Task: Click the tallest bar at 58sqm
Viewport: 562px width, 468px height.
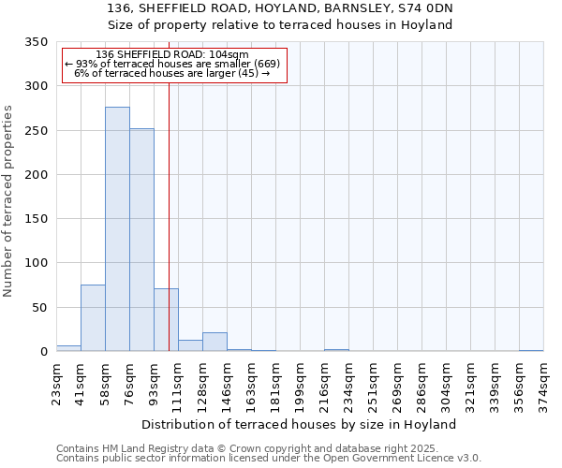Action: pyautogui.click(x=117, y=229)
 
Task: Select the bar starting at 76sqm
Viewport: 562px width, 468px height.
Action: pyautogui.click(x=141, y=240)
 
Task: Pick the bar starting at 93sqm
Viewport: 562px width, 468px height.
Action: pyautogui.click(x=166, y=320)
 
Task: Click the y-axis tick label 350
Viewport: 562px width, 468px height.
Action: pyautogui.click(x=36, y=42)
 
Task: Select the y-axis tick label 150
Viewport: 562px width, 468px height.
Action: pyautogui.click(x=36, y=219)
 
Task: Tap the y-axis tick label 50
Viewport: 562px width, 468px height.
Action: pyautogui.click(x=39, y=308)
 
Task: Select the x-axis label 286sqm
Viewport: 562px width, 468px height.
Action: pyautogui.click(x=423, y=384)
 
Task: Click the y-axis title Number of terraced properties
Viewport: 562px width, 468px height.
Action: pyautogui.click(x=8, y=201)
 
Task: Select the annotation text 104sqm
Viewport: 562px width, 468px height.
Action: pyautogui.click(x=230, y=54)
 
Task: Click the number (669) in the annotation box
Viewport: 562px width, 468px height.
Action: pyautogui.click(x=266, y=64)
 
